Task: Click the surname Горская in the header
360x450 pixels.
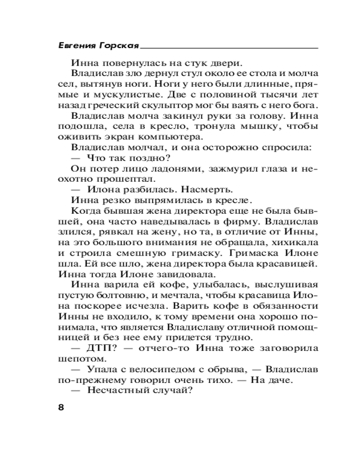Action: point(117,46)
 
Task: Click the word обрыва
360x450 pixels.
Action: point(224,369)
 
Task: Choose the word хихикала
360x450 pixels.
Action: point(295,242)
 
